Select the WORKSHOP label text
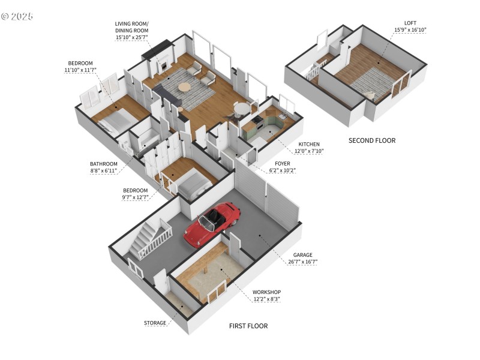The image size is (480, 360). (266, 292)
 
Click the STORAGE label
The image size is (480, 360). (155, 323)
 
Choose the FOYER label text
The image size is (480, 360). (283, 163)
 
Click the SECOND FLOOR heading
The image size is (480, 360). (372, 140)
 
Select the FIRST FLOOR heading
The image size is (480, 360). (248, 326)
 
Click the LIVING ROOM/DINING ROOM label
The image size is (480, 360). (133, 27)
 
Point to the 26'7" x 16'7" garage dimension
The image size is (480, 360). (302, 262)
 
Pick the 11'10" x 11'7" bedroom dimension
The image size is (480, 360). (80, 70)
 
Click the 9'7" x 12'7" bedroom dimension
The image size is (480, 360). (136, 197)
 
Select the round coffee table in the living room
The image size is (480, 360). (184, 88)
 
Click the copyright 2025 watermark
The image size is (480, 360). (17, 16)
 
